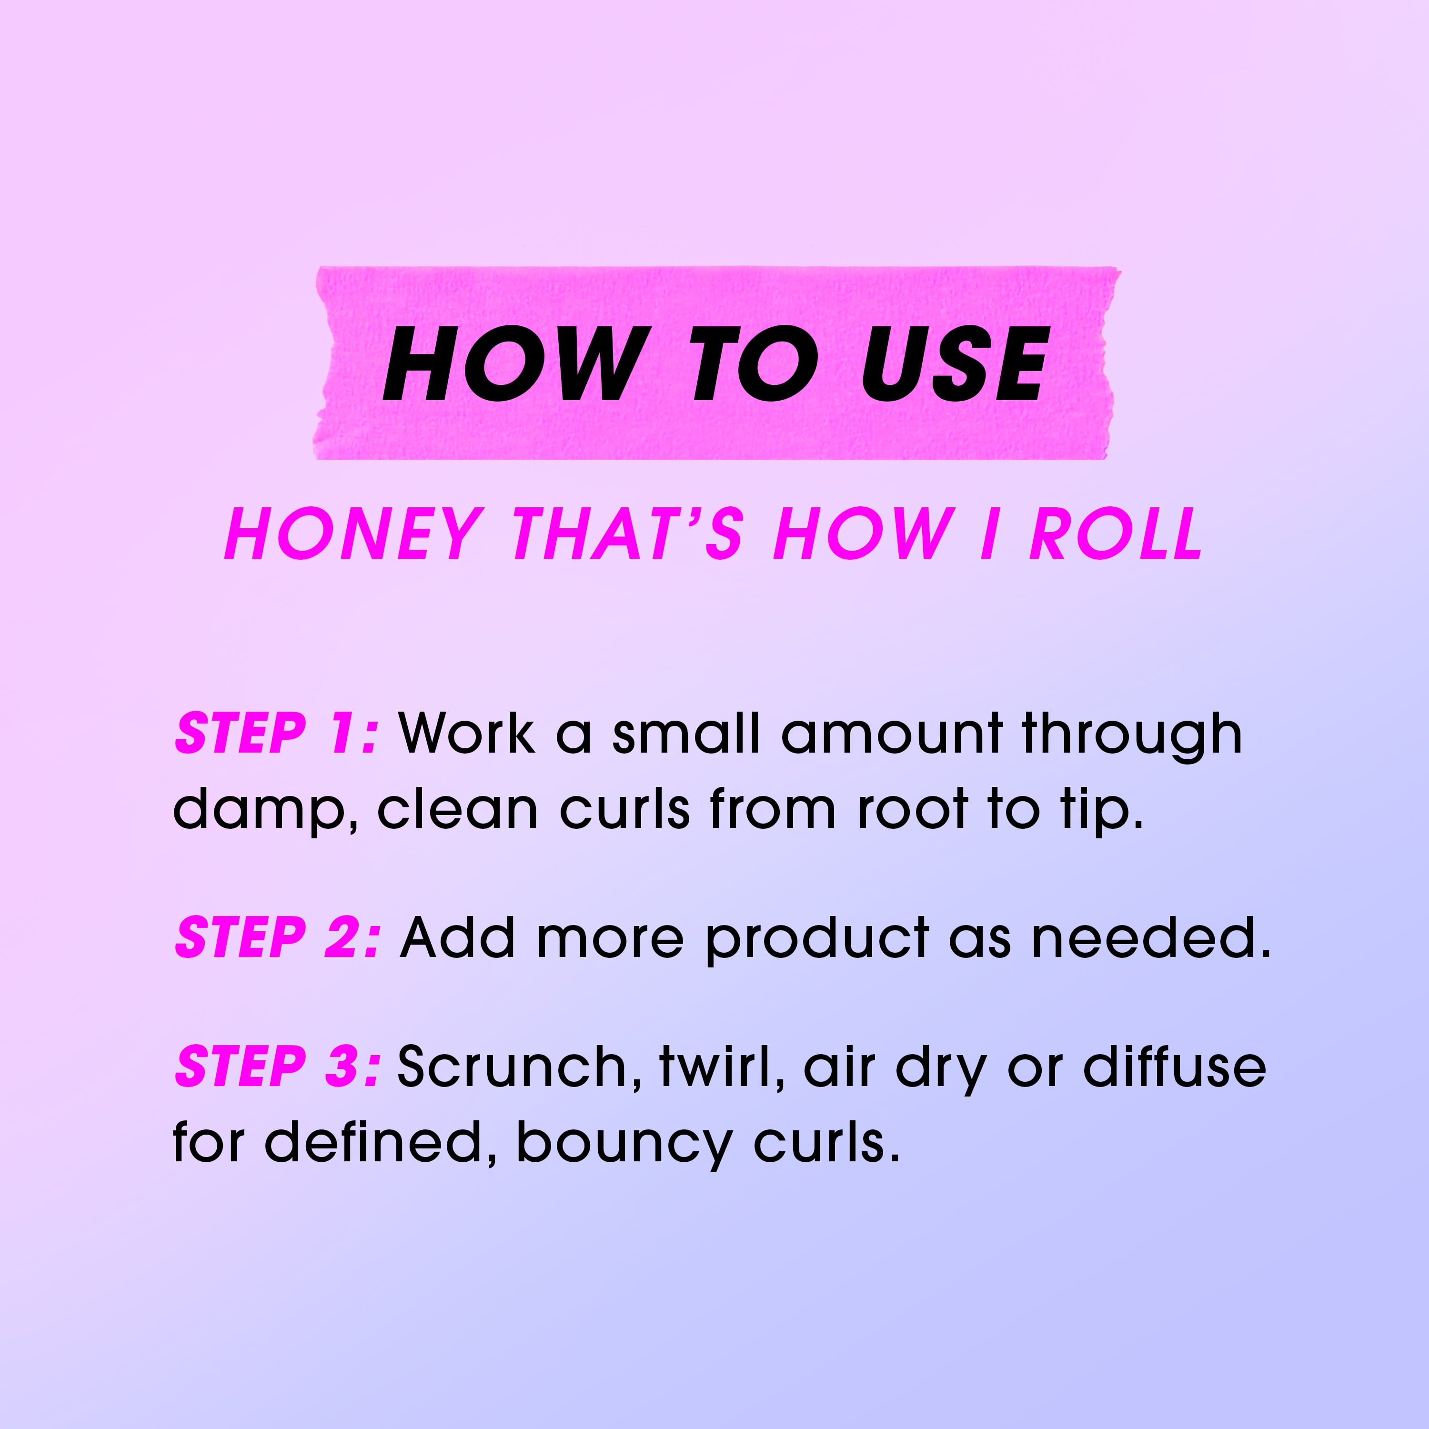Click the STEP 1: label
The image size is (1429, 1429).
(x=277, y=734)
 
